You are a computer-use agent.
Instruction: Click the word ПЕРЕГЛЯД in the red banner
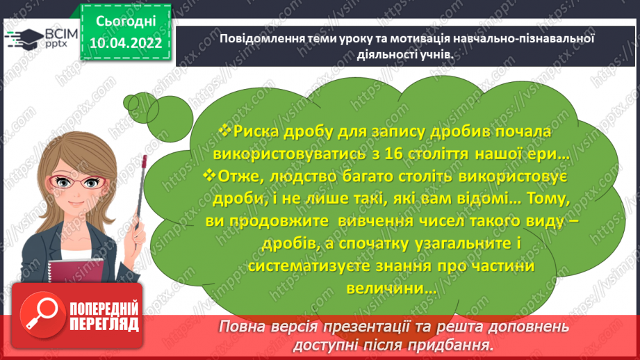tap(104, 325)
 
